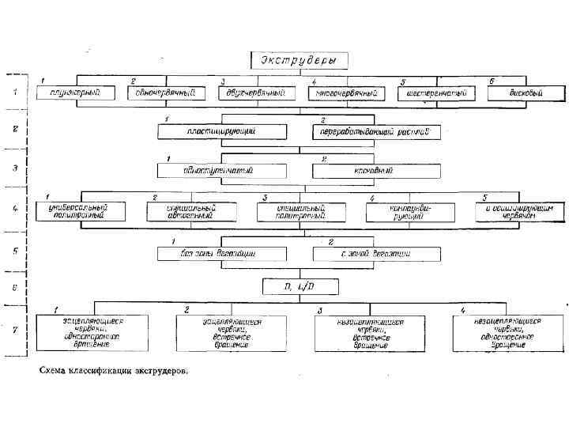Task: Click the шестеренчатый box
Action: click(437, 93)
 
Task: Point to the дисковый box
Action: click(525, 93)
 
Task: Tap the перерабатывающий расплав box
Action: click(376, 132)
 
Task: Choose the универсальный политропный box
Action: click(81, 211)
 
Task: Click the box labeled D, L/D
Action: click(300, 286)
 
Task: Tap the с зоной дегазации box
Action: click(376, 254)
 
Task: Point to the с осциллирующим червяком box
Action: click(520, 211)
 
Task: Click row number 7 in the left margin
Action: click(15, 331)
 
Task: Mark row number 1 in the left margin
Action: click(15, 93)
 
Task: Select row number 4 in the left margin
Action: click(15, 211)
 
